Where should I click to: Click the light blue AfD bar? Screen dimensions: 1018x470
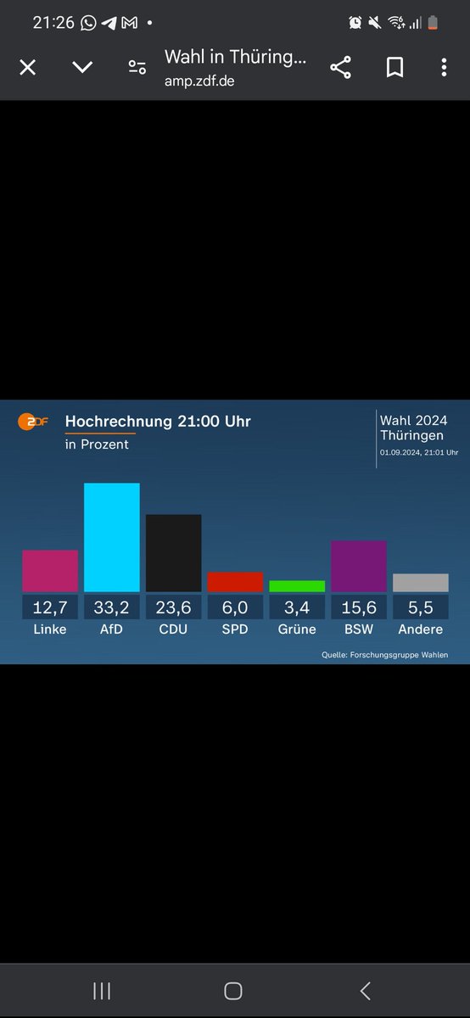[x=111, y=537]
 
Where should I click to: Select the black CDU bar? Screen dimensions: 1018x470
[x=173, y=552]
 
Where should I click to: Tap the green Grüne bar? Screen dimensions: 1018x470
[x=297, y=586]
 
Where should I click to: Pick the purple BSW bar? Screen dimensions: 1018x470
[x=359, y=566]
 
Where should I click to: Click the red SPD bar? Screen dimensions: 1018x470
[x=235, y=582]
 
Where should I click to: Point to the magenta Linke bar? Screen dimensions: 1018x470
[x=50, y=571]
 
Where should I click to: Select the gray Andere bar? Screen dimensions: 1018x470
[x=420, y=583]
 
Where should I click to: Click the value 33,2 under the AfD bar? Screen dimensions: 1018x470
[x=111, y=607]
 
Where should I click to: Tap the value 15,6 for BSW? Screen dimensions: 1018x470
[x=359, y=607]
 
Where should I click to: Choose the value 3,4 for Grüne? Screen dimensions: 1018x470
[x=297, y=607]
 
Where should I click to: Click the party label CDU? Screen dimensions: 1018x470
[x=173, y=629]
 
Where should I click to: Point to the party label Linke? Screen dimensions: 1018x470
[x=50, y=629]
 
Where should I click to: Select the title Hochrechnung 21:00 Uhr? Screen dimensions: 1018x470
[x=158, y=422]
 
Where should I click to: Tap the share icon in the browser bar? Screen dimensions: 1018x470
[x=341, y=68]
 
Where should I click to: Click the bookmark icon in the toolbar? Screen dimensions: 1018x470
[x=394, y=68]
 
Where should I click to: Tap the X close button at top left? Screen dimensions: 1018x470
[x=27, y=68]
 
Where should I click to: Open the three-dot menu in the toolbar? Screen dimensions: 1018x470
[x=443, y=68]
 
